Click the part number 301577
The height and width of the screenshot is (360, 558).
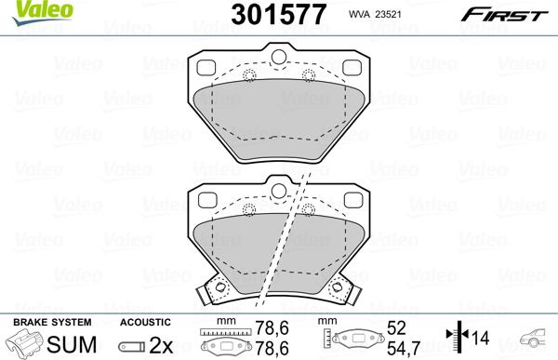[279, 15]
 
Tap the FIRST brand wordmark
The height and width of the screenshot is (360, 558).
[504, 15]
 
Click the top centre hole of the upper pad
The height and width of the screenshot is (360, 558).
[279, 57]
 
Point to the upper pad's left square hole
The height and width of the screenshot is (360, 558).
[206, 68]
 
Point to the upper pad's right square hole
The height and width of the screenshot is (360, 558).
[352, 68]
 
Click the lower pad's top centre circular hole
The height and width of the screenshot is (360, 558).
[279, 191]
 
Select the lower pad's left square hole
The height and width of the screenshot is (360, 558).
[207, 200]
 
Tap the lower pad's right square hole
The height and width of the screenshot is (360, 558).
[353, 200]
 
